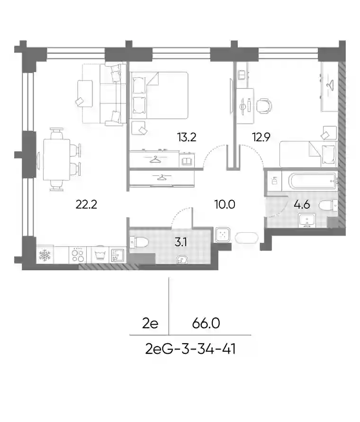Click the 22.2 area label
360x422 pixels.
point(86,204)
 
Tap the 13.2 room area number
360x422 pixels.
point(187,137)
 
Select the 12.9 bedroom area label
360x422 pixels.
point(261,137)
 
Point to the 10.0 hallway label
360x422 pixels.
point(225,204)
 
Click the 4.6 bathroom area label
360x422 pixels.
point(302,204)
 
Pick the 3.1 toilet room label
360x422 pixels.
point(180,242)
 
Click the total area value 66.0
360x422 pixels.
point(206,323)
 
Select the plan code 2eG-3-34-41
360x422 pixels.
point(190,349)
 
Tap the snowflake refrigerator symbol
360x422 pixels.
point(45,255)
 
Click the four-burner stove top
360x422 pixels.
point(78,255)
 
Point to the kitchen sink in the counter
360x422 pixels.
point(117,255)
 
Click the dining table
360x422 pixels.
point(56,159)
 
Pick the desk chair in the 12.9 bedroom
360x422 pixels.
point(264,105)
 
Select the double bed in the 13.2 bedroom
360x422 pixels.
point(159,95)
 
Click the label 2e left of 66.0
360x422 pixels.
point(150,323)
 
